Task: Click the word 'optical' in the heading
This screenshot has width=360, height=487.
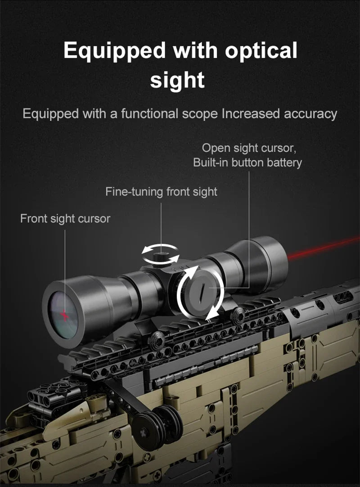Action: click(261, 50)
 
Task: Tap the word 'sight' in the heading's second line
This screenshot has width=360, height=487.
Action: click(177, 80)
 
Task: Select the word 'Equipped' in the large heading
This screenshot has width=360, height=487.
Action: click(114, 51)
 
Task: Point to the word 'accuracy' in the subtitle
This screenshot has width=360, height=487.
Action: click(310, 114)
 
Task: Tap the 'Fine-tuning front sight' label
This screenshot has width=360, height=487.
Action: click(161, 192)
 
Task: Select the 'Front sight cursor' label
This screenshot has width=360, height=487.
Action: click(65, 219)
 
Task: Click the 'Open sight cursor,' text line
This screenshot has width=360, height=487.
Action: click(249, 148)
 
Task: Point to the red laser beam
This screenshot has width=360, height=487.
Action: click(324, 248)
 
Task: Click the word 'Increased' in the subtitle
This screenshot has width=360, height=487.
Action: click(251, 114)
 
